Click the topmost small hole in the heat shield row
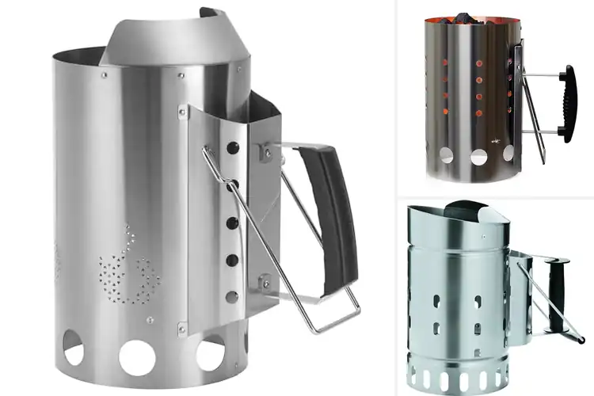[x=234, y=148]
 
